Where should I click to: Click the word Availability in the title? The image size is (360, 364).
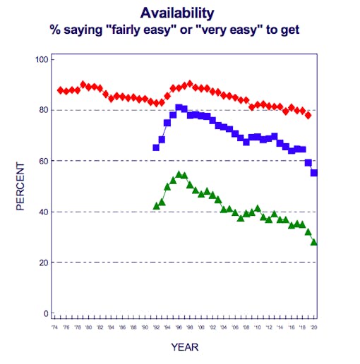pyautogui.click(x=176, y=13)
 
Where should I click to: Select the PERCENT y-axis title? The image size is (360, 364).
pyautogui.click(x=21, y=186)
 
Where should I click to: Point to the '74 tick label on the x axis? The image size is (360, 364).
pyautogui.click(x=54, y=329)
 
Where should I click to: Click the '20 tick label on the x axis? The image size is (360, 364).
pyautogui.click(x=314, y=329)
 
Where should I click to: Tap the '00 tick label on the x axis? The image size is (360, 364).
pyautogui.click(x=201, y=329)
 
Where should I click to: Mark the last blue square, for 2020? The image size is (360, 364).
pyautogui.click(x=314, y=173)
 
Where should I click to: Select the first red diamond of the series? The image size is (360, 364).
pyautogui.click(x=60, y=90)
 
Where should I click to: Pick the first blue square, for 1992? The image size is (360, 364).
pyautogui.click(x=156, y=147)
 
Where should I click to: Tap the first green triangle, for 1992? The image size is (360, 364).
pyautogui.click(x=156, y=206)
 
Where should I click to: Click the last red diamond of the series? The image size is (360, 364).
pyautogui.click(x=308, y=115)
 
